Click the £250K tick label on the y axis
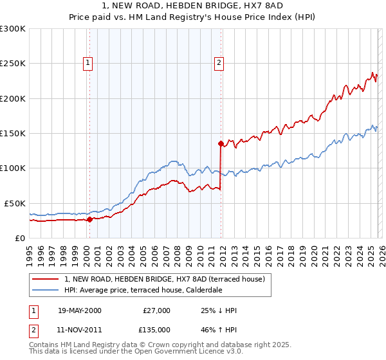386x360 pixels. (13, 64)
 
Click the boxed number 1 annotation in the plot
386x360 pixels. (87, 62)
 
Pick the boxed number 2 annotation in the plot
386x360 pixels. (219, 62)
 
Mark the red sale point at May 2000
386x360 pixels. (89, 219)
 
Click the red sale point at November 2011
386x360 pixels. (221, 144)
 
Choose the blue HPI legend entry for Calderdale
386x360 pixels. (143, 290)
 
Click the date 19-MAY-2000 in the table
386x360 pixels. (79, 310)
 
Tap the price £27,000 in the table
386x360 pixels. (156, 310)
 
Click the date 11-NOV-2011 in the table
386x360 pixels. (79, 329)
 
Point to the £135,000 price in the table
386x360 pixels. (156, 329)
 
